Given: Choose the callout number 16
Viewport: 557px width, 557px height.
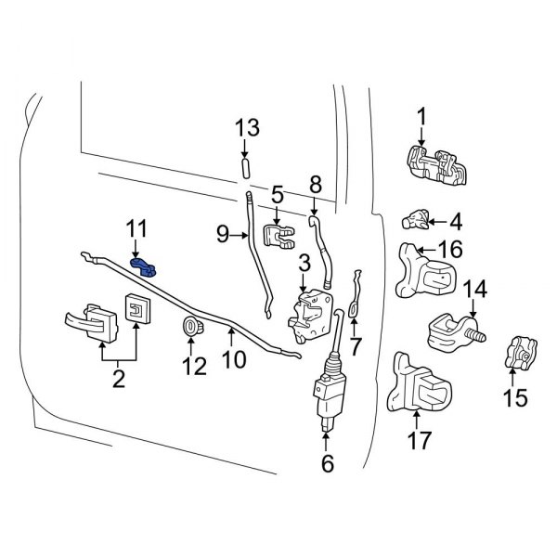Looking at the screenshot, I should (x=449, y=250).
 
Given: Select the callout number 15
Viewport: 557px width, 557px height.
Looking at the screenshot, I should (x=514, y=398).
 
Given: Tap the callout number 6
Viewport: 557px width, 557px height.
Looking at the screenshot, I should (x=327, y=463).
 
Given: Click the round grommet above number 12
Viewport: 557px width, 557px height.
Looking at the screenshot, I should (x=194, y=326).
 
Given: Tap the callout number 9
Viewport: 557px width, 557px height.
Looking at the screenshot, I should (x=223, y=235).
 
